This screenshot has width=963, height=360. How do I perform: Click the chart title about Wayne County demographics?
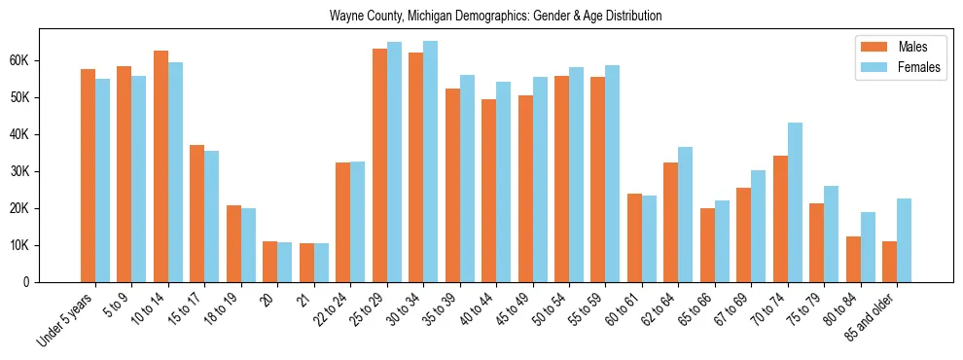pyautogui.click(x=495, y=17)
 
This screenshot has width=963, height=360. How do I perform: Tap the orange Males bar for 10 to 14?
pyautogui.click(x=160, y=166)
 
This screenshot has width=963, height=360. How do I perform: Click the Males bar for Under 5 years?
pyautogui.click(x=88, y=175)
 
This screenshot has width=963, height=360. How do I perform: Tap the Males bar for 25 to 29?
pyautogui.click(x=379, y=165)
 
